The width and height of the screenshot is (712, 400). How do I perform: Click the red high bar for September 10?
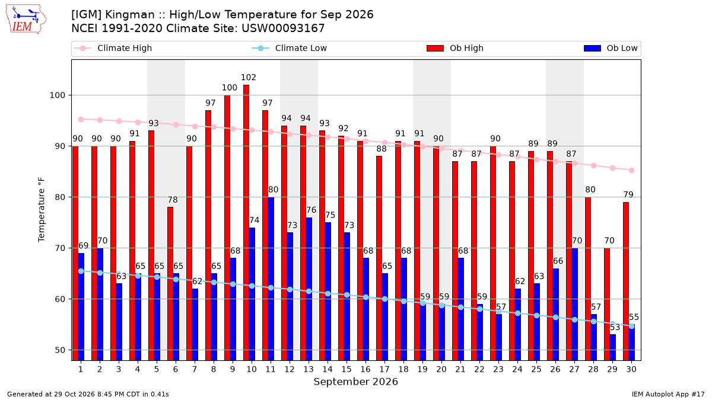pos(246,223)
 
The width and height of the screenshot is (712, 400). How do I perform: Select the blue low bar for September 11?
pos(271,279)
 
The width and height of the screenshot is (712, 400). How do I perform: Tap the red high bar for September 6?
pos(170,283)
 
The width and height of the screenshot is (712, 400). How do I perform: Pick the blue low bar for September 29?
pos(612,347)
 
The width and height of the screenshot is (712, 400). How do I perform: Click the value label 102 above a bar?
pos(249,77)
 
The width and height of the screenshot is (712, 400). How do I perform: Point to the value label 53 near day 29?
pos(615,327)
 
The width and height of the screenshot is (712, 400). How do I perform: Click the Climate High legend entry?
pos(113,48)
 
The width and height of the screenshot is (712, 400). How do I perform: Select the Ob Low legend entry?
pos(611,48)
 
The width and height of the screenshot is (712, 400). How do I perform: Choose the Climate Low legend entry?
pos(290,48)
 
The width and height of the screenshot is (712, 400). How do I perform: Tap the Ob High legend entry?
pos(455,48)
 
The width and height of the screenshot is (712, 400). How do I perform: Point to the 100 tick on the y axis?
pos(57,95)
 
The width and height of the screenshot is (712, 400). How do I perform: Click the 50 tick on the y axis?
pos(60,350)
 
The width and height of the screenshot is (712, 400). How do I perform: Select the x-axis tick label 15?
pos(347,369)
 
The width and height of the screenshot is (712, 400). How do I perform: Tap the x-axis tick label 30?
pos(631,369)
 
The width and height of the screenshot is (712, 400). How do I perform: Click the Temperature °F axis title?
pos(42,210)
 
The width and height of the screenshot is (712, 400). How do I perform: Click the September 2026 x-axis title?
pos(355,382)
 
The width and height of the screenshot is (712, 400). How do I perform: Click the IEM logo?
pos(26,20)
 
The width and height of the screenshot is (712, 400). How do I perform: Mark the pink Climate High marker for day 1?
pos(81,119)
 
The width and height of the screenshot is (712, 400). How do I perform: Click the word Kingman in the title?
pos(130,15)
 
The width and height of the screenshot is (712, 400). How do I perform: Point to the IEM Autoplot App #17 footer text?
pos(668,394)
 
